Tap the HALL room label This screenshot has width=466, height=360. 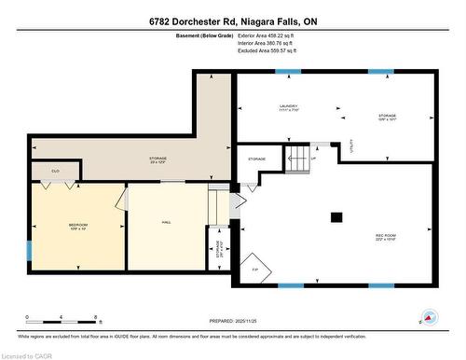coord(166,222)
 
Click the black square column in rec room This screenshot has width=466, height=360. coord(336,217)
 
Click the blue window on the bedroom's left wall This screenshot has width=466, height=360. coord(29,249)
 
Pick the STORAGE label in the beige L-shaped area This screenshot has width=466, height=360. coord(158,159)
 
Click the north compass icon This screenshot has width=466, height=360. coord(428,318)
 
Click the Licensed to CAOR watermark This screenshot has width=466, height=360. coord(28,354)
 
